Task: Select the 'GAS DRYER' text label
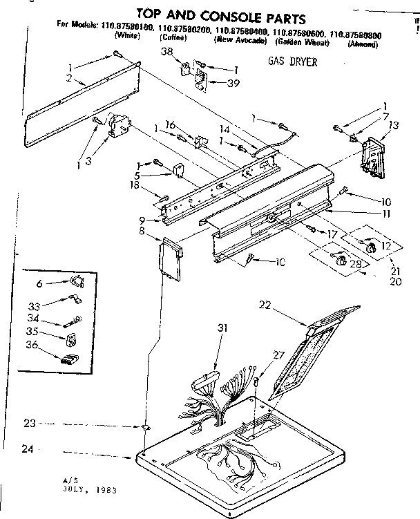(292, 62)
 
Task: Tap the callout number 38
(166, 52)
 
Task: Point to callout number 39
(233, 83)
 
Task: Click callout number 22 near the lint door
(265, 304)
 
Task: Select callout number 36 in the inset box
(31, 344)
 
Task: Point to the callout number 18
(137, 185)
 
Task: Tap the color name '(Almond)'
(363, 44)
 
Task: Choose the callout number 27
(278, 355)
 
